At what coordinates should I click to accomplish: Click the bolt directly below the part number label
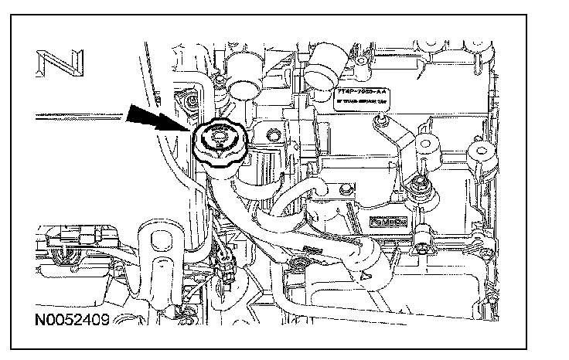pyautogui.click(x=379, y=121)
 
